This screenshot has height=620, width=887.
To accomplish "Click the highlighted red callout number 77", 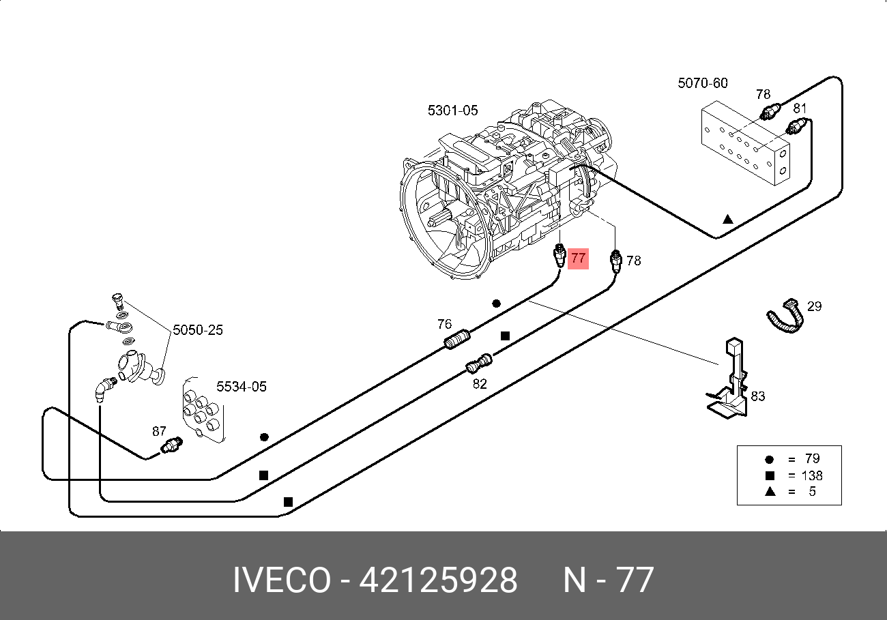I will tap(578, 259).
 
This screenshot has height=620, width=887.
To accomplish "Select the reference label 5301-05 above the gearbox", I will tap(452, 110).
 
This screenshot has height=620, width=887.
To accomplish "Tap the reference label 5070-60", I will tap(702, 83).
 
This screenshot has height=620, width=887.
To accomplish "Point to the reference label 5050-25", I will tap(197, 330).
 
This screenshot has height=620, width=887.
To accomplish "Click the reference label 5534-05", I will tap(241, 387).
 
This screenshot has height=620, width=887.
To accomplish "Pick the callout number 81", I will tap(800, 108).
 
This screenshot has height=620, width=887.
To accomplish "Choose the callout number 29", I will tap(814, 306).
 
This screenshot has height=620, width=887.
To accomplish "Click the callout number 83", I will tap(757, 396).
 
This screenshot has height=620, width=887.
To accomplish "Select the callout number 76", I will tap(444, 323).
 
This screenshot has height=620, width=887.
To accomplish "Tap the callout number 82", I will tap(480, 384).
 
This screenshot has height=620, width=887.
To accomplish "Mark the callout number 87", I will tap(159, 431).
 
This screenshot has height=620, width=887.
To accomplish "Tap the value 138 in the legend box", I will tap(812, 475).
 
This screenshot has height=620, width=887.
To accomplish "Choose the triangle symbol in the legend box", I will tap(769, 491).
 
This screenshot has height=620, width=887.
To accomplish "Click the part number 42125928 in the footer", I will tap(438, 581).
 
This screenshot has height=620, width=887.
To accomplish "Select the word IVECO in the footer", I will tap(281, 581).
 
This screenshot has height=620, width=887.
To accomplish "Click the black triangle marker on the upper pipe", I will tap(728, 220).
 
